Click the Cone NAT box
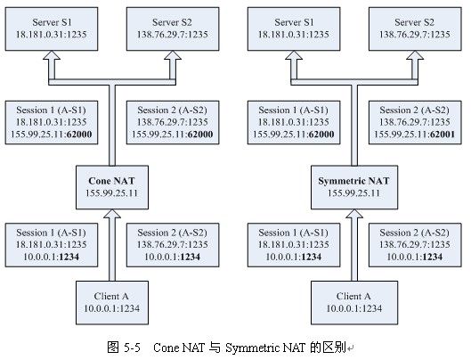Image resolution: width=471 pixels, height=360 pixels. pyautogui.click(x=112, y=187)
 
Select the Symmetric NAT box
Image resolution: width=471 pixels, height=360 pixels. pyautogui.click(x=354, y=187)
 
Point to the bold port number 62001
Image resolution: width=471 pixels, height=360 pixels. pyautogui.click(x=443, y=135)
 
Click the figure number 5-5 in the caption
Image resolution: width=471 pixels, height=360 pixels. pyautogui.click(x=132, y=348)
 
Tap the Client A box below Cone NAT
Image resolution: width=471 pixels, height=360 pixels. pyautogui.click(x=112, y=303)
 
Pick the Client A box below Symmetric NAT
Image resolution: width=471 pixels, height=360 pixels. pyautogui.click(x=354, y=303)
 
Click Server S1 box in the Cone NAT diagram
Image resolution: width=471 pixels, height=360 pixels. pyautogui.click(x=52, y=29)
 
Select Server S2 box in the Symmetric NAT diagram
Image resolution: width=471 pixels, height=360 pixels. pyautogui.click(x=415, y=29)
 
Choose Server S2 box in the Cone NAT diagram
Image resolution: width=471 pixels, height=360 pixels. pyautogui.click(x=173, y=29)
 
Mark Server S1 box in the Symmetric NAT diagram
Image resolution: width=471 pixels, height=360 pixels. pyautogui.click(x=294, y=29)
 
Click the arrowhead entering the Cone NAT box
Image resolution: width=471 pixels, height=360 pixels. pyautogui.click(x=112, y=214)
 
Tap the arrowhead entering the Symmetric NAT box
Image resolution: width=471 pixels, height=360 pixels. pyautogui.click(x=354, y=214)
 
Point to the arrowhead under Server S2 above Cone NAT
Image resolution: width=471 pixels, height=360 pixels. pyautogui.click(x=173, y=55)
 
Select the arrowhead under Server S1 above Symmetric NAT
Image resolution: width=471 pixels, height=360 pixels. pyautogui.click(x=294, y=55)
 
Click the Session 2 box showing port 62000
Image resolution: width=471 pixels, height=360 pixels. pyautogui.click(x=173, y=122)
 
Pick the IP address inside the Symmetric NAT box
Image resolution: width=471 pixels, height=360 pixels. pyautogui.click(x=353, y=193)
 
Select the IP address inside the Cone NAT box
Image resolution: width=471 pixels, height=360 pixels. pyautogui.click(x=112, y=193)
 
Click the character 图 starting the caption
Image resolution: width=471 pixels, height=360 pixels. pyautogui.click(x=113, y=348)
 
